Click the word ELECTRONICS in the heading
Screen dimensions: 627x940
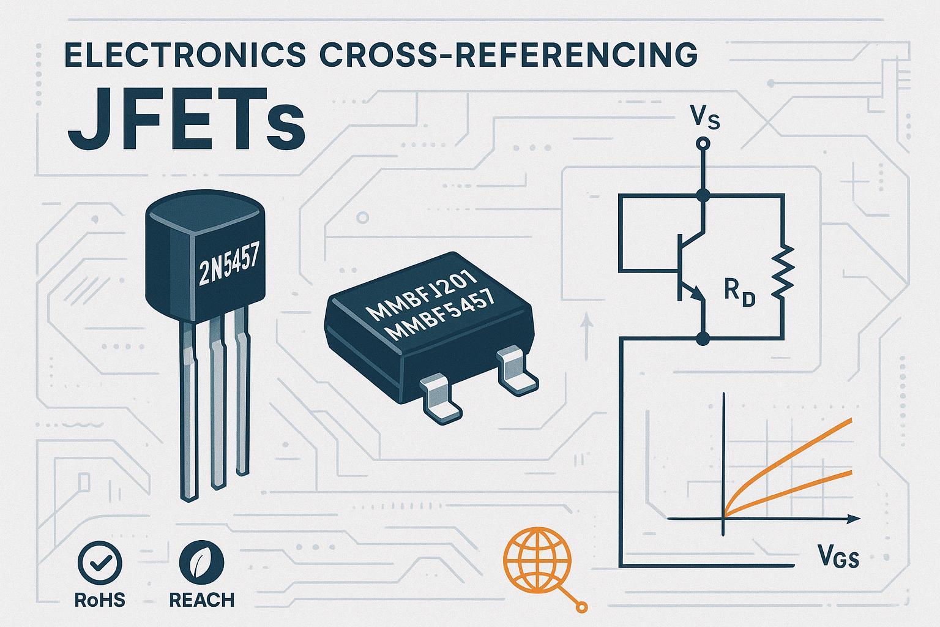(x=184, y=56)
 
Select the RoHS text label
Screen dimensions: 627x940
(x=100, y=599)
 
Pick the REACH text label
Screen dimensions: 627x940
(x=201, y=599)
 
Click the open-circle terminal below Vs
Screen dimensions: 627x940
(x=704, y=144)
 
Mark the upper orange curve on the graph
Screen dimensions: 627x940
(x=796, y=447)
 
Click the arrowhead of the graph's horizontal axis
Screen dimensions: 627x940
(x=850, y=519)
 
